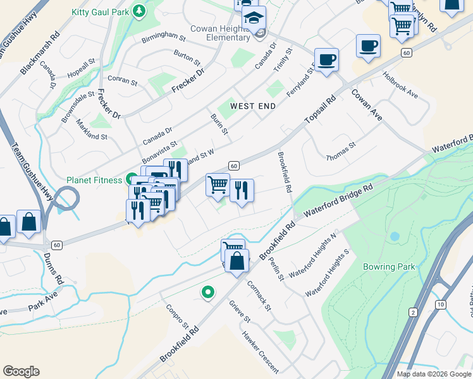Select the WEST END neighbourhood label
(x=253, y=106)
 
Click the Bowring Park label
(x=389, y=267)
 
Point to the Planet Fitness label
(x=94, y=180)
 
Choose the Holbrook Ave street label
(x=400, y=85)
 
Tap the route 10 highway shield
(x=440, y=305)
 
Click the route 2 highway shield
(x=413, y=312)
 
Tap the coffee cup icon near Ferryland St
(x=326, y=60)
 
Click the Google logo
(x=21, y=371)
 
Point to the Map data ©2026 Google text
(x=433, y=374)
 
